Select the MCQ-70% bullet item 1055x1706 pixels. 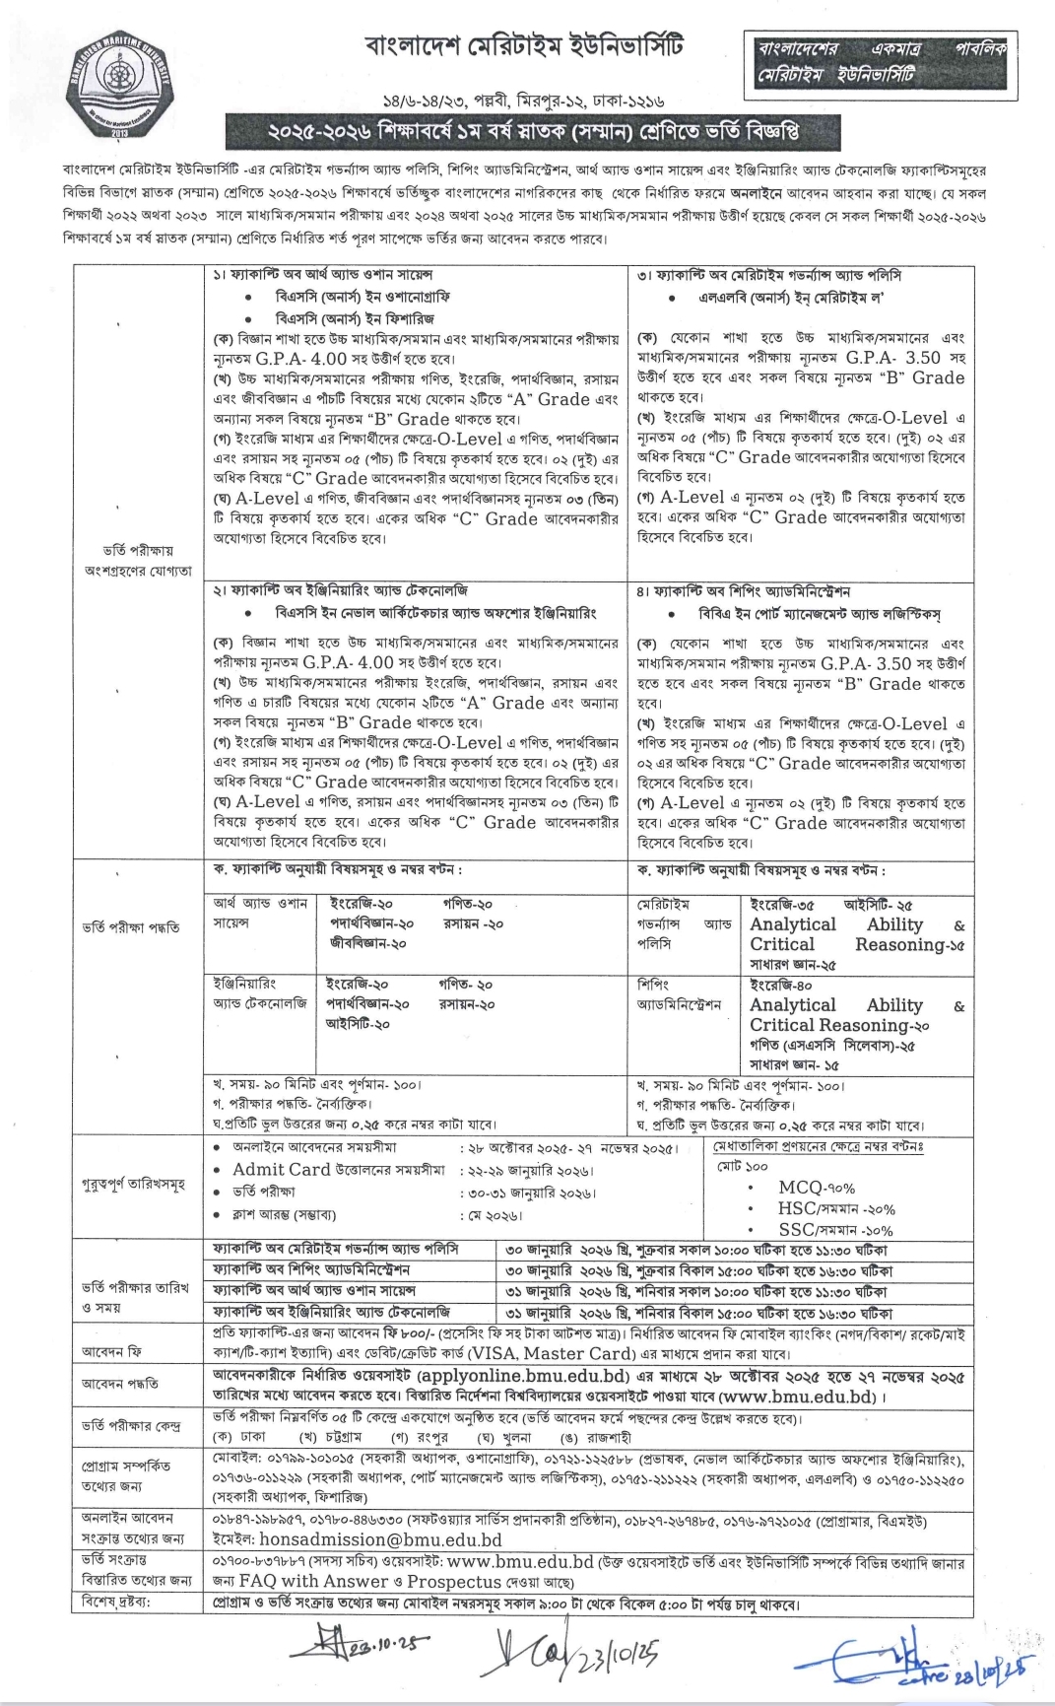tap(816, 1188)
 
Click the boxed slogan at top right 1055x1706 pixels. tap(881, 61)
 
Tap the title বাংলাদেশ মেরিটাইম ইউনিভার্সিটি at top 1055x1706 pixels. tap(523, 46)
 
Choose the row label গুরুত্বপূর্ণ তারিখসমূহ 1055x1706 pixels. tap(133, 1184)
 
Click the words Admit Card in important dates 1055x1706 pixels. tap(281, 1170)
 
